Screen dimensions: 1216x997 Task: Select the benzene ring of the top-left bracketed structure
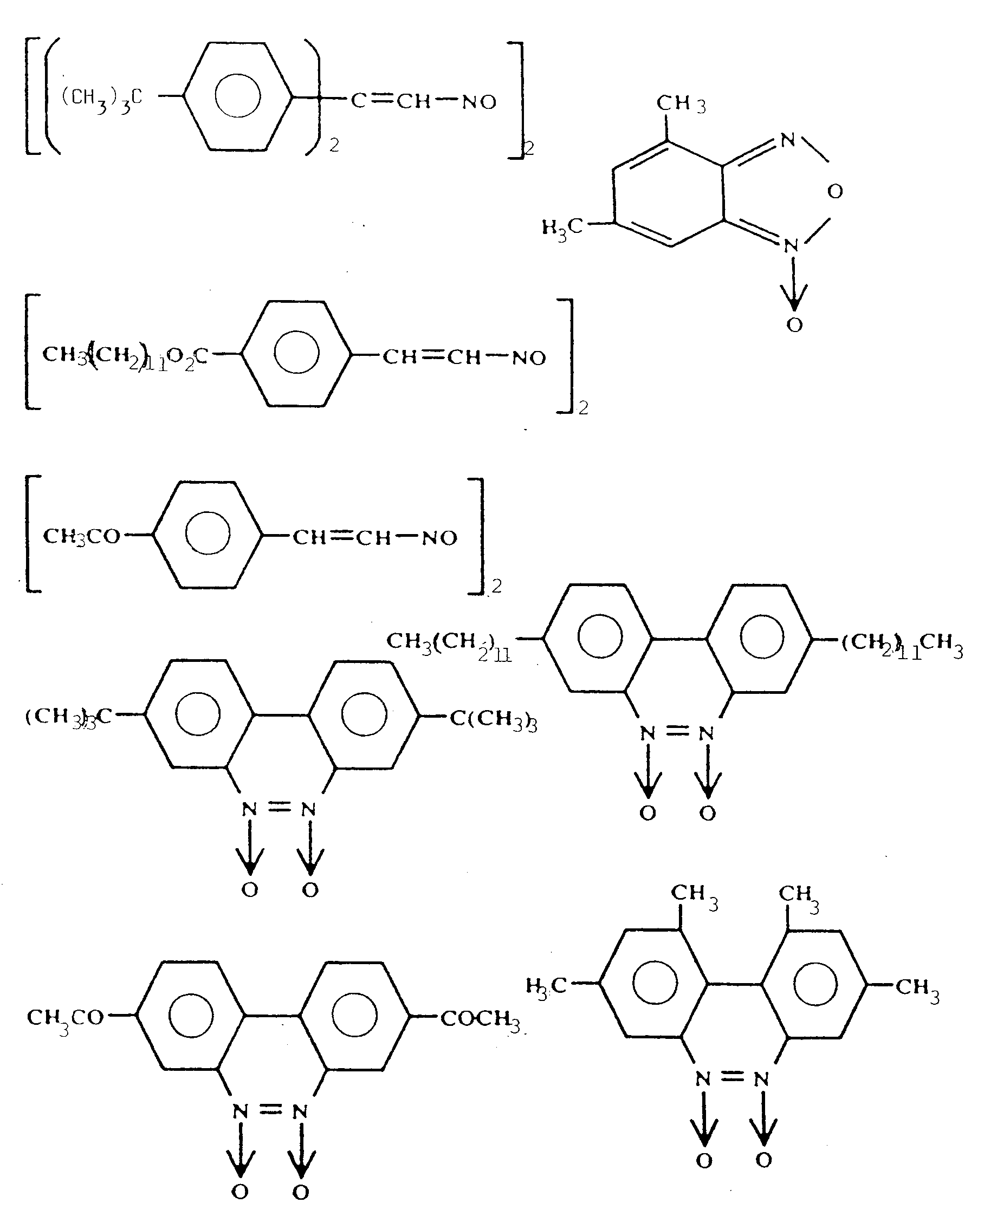click(x=238, y=96)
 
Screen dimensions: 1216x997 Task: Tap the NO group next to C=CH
click(x=479, y=103)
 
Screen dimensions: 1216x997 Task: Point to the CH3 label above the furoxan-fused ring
click(x=681, y=104)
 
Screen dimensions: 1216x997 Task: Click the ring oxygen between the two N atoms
click(x=835, y=191)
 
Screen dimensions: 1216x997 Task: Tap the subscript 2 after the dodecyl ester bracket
click(x=583, y=408)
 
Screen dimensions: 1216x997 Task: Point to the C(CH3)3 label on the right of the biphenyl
click(x=493, y=719)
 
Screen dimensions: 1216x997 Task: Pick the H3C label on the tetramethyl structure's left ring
click(x=546, y=986)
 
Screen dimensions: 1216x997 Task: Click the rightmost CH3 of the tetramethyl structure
click(x=917, y=987)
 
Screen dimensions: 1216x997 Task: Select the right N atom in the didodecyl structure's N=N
click(x=707, y=733)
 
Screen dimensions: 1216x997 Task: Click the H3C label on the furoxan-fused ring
click(x=562, y=227)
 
